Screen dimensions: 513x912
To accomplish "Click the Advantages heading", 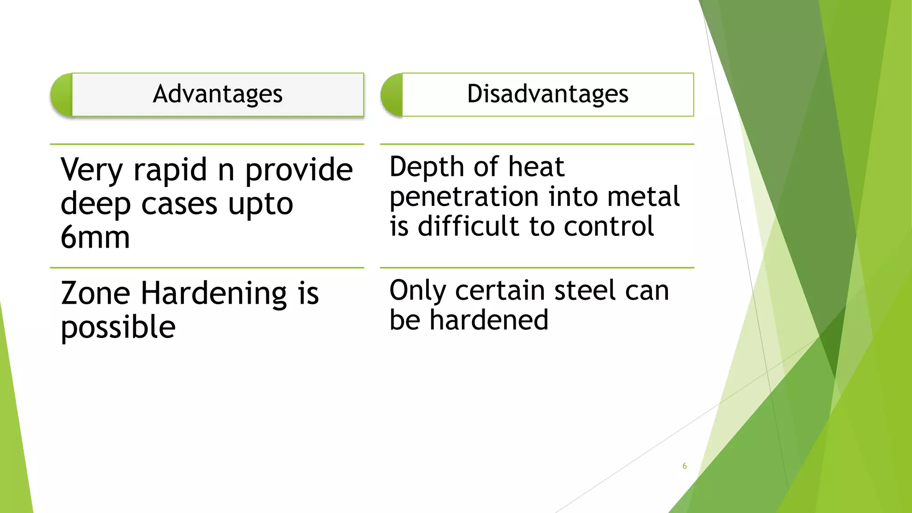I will (x=217, y=94).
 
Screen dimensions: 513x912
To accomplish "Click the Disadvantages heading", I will (x=547, y=94).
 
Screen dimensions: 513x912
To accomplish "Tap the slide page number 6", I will (x=684, y=466).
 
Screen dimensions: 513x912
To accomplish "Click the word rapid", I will (x=170, y=171).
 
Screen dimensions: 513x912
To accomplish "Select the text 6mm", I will (x=95, y=237).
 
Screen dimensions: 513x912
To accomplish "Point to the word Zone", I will (x=95, y=293).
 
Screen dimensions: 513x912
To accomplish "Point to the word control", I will (x=609, y=226).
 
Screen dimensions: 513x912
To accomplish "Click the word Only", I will (x=418, y=291).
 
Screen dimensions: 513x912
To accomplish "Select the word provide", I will (x=299, y=171).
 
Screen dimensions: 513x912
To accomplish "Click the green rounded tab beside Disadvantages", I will (x=392, y=95).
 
